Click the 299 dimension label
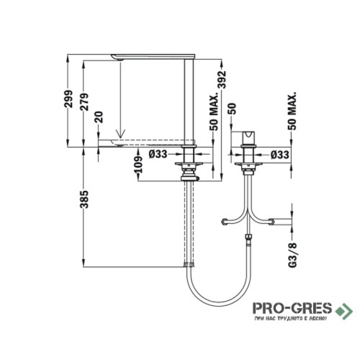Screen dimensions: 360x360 pos(68,99)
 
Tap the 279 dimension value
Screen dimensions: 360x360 pos(84,102)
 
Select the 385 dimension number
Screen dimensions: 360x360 pos(84,199)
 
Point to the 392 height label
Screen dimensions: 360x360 pos(222,80)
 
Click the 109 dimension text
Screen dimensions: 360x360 pos(138,164)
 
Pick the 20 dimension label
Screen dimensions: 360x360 pos(99,117)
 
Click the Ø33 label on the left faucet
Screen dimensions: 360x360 pos(158,154)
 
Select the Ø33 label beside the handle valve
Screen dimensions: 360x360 pos(279,155)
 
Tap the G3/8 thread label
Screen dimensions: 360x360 pos(292,255)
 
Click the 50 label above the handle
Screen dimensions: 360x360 pos(232,108)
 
